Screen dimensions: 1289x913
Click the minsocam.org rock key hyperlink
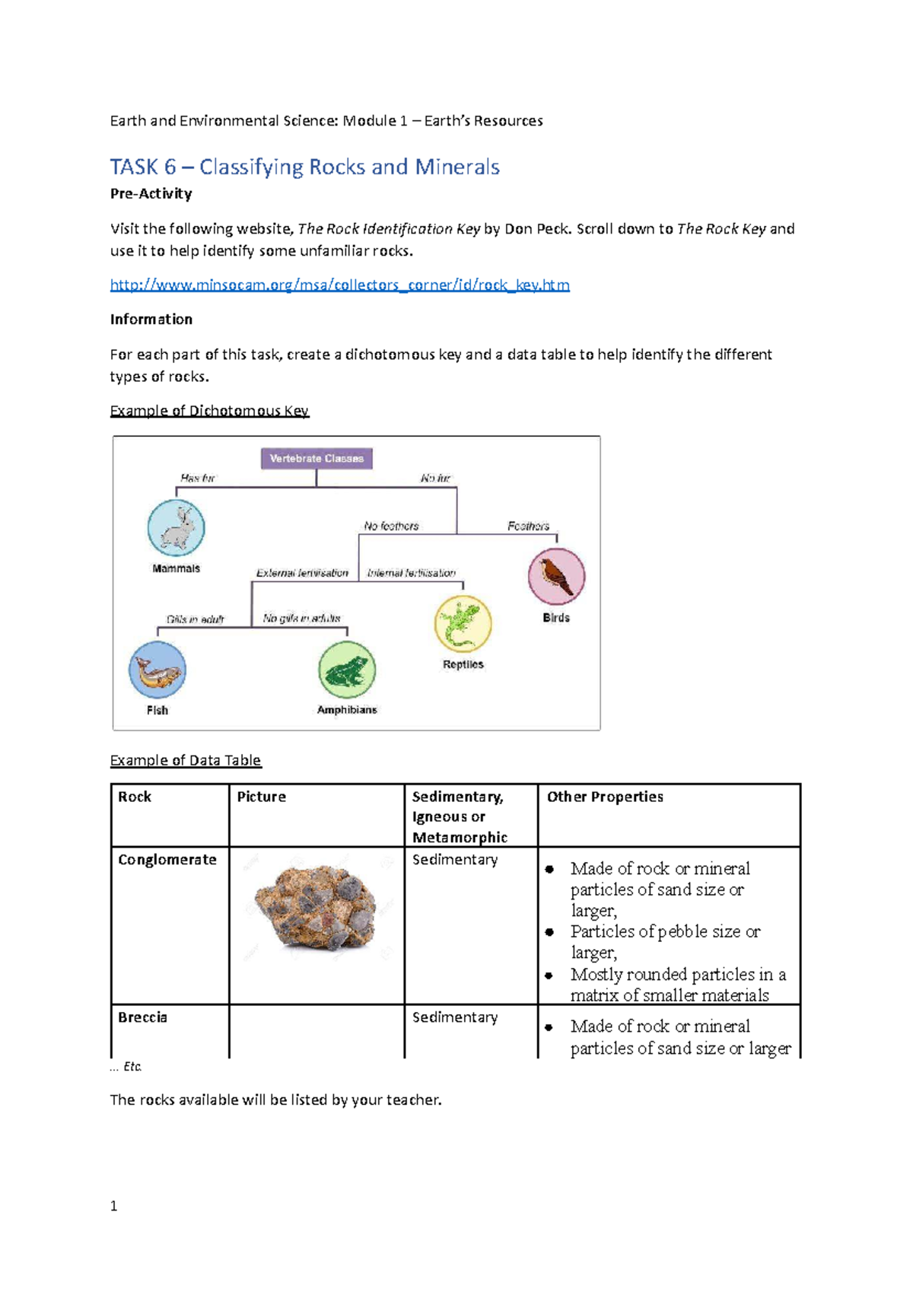coord(339,285)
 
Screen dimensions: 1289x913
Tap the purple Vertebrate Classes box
coord(317,458)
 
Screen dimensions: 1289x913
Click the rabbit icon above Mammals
coord(176,528)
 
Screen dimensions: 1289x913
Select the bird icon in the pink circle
coord(556,577)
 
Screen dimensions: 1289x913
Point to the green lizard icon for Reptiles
coord(463,624)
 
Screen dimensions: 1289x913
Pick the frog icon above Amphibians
coord(347,670)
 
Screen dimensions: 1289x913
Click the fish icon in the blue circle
coord(157,670)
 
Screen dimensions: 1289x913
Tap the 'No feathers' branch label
coord(391,526)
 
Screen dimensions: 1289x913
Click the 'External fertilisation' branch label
coord(302,573)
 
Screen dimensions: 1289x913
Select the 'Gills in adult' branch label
coord(196,619)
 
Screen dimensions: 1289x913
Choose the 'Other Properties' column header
coord(605,797)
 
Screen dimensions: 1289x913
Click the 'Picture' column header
coord(261,797)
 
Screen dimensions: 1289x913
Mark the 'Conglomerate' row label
coord(167,860)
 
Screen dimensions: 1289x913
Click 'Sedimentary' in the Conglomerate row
coord(455,860)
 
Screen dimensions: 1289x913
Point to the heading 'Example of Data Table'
coord(185,760)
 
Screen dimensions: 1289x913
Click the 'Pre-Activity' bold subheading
coord(151,194)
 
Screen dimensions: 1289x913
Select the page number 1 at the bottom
coord(113,1206)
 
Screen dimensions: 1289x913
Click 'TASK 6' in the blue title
coord(143,167)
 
